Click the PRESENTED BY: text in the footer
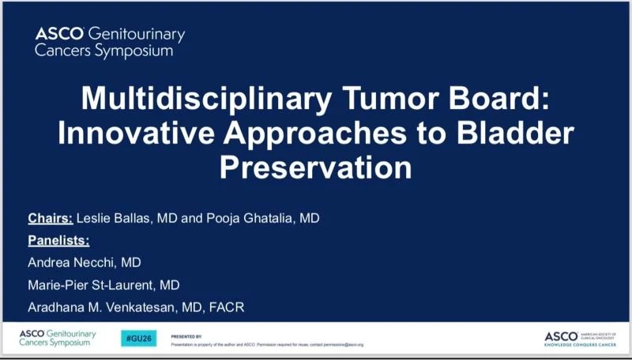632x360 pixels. (186, 336)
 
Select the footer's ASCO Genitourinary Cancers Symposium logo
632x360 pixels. (58, 338)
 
